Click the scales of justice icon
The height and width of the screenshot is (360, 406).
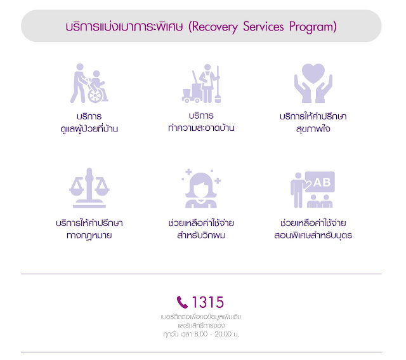[89, 188]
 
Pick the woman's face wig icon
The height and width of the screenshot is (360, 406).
[202, 189]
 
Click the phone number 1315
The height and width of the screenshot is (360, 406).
[208, 302]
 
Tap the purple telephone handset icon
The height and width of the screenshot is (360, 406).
[183, 302]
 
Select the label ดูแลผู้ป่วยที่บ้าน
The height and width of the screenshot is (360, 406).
[88, 129]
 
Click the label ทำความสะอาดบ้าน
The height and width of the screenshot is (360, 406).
[197, 128]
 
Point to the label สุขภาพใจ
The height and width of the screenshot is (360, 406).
[312, 129]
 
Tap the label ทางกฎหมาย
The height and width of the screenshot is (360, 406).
[89, 236]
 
